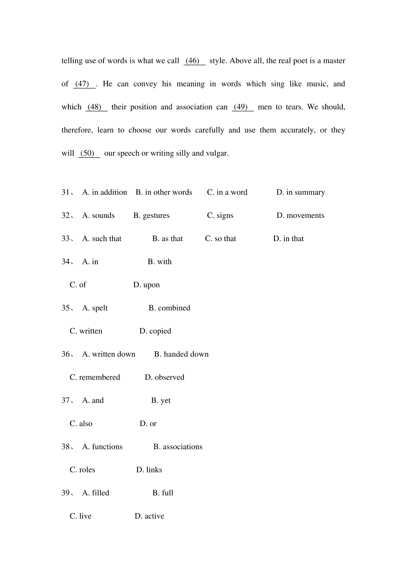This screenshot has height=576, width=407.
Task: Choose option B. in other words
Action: pyautogui.click(x=164, y=192)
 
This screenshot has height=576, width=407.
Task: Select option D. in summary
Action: pyautogui.click(x=300, y=192)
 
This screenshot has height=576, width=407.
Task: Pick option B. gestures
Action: pyautogui.click(x=151, y=215)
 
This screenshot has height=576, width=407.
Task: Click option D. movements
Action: pyautogui.click(x=300, y=215)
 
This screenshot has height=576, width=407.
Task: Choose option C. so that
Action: pyautogui.click(x=220, y=239)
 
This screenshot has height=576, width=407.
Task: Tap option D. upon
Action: pyautogui.click(x=146, y=285)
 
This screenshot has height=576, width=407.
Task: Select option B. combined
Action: pyautogui.click(x=169, y=308)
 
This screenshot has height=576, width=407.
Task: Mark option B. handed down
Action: pyautogui.click(x=181, y=354)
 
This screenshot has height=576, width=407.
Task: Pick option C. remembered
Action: pyautogui.click(x=95, y=377)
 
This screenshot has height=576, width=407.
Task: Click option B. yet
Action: pyautogui.click(x=161, y=401)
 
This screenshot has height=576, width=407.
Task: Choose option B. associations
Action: pyautogui.click(x=178, y=447)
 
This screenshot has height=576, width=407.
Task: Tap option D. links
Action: pyautogui.click(x=149, y=470)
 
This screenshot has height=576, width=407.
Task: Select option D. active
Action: pyautogui.click(x=149, y=516)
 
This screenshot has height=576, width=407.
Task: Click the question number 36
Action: pyautogui.click(x=66, y=354)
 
